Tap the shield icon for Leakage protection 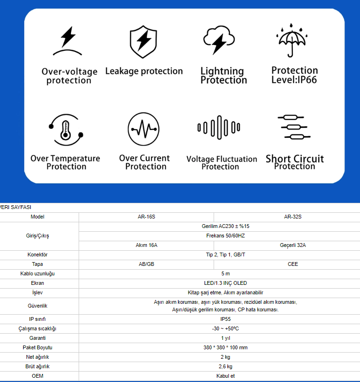[x=143, y=42]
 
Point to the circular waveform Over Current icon [x=144, y=129]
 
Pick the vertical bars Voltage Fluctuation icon [x=219, y=128]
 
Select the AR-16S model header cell [x=146, y=217]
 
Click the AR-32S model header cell [x=293, y=217]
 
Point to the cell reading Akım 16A [x=146, y=245]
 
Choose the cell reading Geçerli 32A [x=293, y=245]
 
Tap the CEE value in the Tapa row [x=293, y=264]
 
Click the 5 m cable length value [x=225, y=273]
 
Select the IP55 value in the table [x=225, y=319]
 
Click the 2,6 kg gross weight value [x=225, y=366]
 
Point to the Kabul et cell [x=225, y=376]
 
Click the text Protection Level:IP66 [x=294, y=75]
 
